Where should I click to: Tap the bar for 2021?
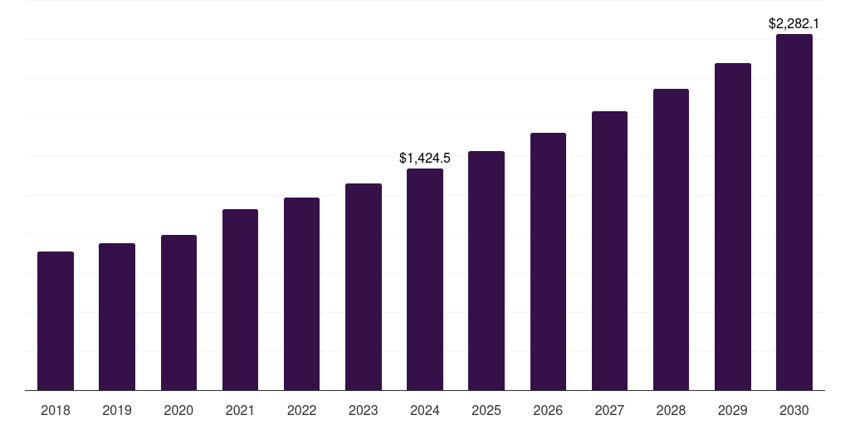coord(240,300)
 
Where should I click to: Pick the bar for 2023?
coord(364,286)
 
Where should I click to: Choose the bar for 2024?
coord(425,279)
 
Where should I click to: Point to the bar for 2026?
coord(548,261)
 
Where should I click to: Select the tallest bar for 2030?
coord(794,212)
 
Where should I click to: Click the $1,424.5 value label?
coord(425,158)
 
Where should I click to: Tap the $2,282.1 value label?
coord(794,23)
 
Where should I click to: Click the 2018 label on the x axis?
coord(56,410)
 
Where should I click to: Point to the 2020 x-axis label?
coord(178,410)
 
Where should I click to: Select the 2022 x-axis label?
coord(301,410)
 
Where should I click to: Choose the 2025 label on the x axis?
coord(486,410)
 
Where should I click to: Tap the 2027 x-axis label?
coord(609,410)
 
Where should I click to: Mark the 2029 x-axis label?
coord(732,410)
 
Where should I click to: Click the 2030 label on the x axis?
coord(794,410)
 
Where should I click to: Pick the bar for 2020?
coord(178,312)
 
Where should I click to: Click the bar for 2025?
coord(486,271)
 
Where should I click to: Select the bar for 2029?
coord(732,227)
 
